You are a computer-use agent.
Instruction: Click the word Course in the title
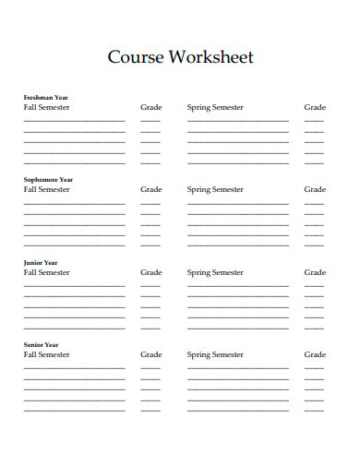click(x=135, y=57)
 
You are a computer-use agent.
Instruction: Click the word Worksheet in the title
click(x=210, y=57)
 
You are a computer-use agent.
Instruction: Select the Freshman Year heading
click(x=46, y=97)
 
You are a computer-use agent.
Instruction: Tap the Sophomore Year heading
click(x=48, y=180)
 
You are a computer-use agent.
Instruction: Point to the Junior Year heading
click(x=41, y=262)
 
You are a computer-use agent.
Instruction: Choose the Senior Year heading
click(x=41, y=344)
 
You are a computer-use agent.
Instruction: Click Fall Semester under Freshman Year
click(x=46, y=107)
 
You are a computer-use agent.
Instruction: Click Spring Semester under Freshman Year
click(x=215, y=107)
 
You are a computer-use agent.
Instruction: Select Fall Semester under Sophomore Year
click(x=46, y=189)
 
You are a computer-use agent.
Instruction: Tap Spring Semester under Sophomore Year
click(x=215, y=189)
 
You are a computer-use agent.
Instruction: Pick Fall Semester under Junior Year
click(x=46, y=272)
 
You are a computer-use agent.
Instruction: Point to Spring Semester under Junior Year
click(x=215, y=272)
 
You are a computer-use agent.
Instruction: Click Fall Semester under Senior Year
click(x=46, y=354)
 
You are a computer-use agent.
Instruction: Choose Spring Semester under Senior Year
click(x=215, y=354)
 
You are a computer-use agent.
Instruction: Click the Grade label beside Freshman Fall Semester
click(x=150, y=107)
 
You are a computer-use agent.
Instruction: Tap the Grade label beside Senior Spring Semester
click(x=315, y=354)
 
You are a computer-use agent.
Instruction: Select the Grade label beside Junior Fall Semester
click(x=150, y=272)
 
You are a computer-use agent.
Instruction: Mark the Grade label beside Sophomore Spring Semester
click(x=315, y=189)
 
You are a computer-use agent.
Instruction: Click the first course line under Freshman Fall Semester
click(x=74, y=121)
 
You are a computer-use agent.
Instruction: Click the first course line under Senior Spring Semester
click(x=238, y=368)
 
